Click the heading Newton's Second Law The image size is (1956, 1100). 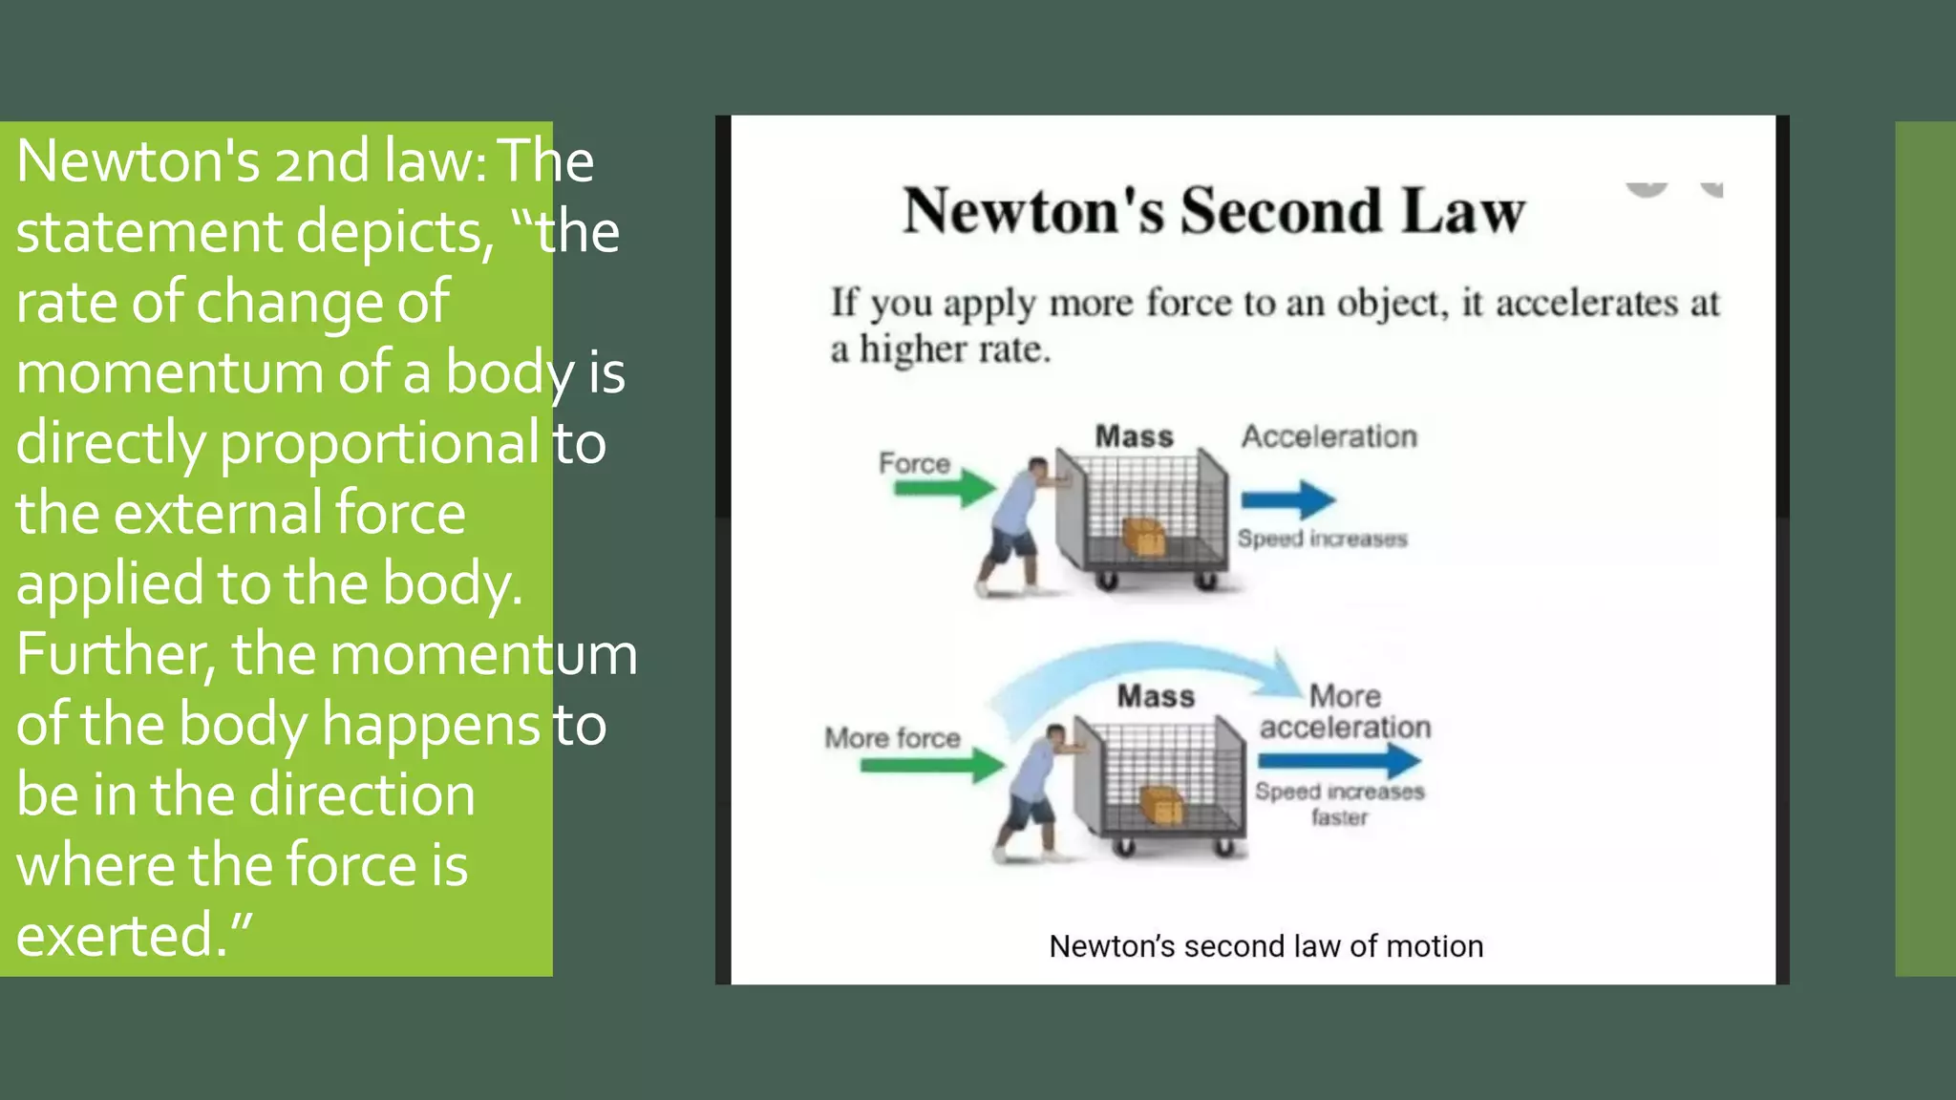click(1213, 211)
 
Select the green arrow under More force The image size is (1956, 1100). click(931, 765)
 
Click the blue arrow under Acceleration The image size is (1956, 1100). click(1287, 498)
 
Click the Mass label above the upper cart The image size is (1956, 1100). click(1134, 436)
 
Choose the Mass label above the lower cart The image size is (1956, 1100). click(1156, 696)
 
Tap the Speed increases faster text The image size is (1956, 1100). click(1339, 804)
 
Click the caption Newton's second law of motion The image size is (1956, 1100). click(1265, 946)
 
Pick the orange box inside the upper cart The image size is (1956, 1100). click(1143, 536)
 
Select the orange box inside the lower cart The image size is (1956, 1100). click(1161, 805)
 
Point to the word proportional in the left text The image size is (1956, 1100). click(379, 443)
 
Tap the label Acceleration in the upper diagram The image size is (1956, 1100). click(1329, 436)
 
